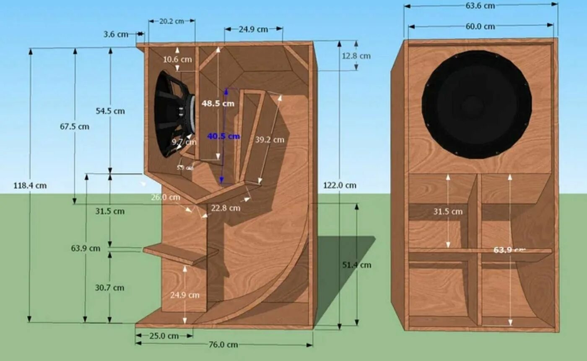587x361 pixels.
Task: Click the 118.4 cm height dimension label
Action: (30, 185)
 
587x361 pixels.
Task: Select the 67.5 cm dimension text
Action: (75, 126)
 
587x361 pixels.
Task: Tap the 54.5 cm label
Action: (110, 111)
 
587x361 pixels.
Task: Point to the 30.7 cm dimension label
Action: (109, 288)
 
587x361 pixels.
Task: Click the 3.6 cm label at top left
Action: (116, 34)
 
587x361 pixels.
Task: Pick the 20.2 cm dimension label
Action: (172, 21)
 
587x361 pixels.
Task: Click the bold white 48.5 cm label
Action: (218, 103)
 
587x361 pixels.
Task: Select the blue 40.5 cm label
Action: (223, 136)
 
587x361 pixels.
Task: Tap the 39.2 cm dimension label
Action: (270, 140)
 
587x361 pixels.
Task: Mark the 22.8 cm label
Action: (226, 208)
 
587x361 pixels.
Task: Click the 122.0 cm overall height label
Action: (340, 185)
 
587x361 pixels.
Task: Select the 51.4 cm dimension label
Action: (357, 265)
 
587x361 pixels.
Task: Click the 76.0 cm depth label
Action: (223, 345)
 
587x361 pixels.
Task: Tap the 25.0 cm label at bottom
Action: (164, 336)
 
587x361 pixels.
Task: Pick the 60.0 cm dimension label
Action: (481, 26)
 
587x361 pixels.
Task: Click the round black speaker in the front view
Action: (477, 104)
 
